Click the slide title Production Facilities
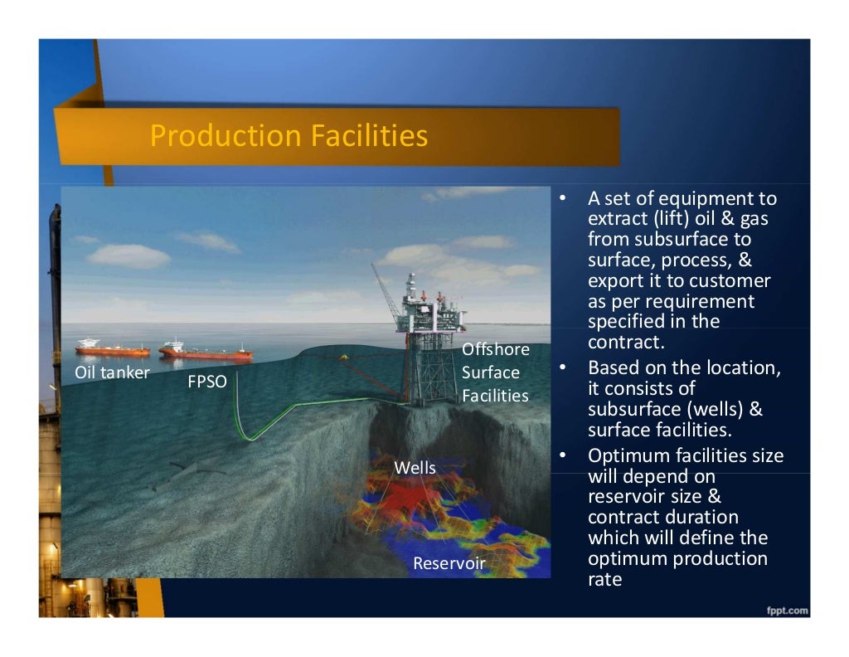(289, 135)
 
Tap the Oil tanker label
(112, 372)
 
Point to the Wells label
(415, 468)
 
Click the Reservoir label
(449, 564)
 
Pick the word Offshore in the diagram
(495, 350)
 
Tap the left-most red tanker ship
(112, 348)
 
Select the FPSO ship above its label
(206, 352)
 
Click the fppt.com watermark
(787, 611)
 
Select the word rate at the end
(604, 580)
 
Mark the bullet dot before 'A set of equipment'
(562, 199)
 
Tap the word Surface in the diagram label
(491, 372)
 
